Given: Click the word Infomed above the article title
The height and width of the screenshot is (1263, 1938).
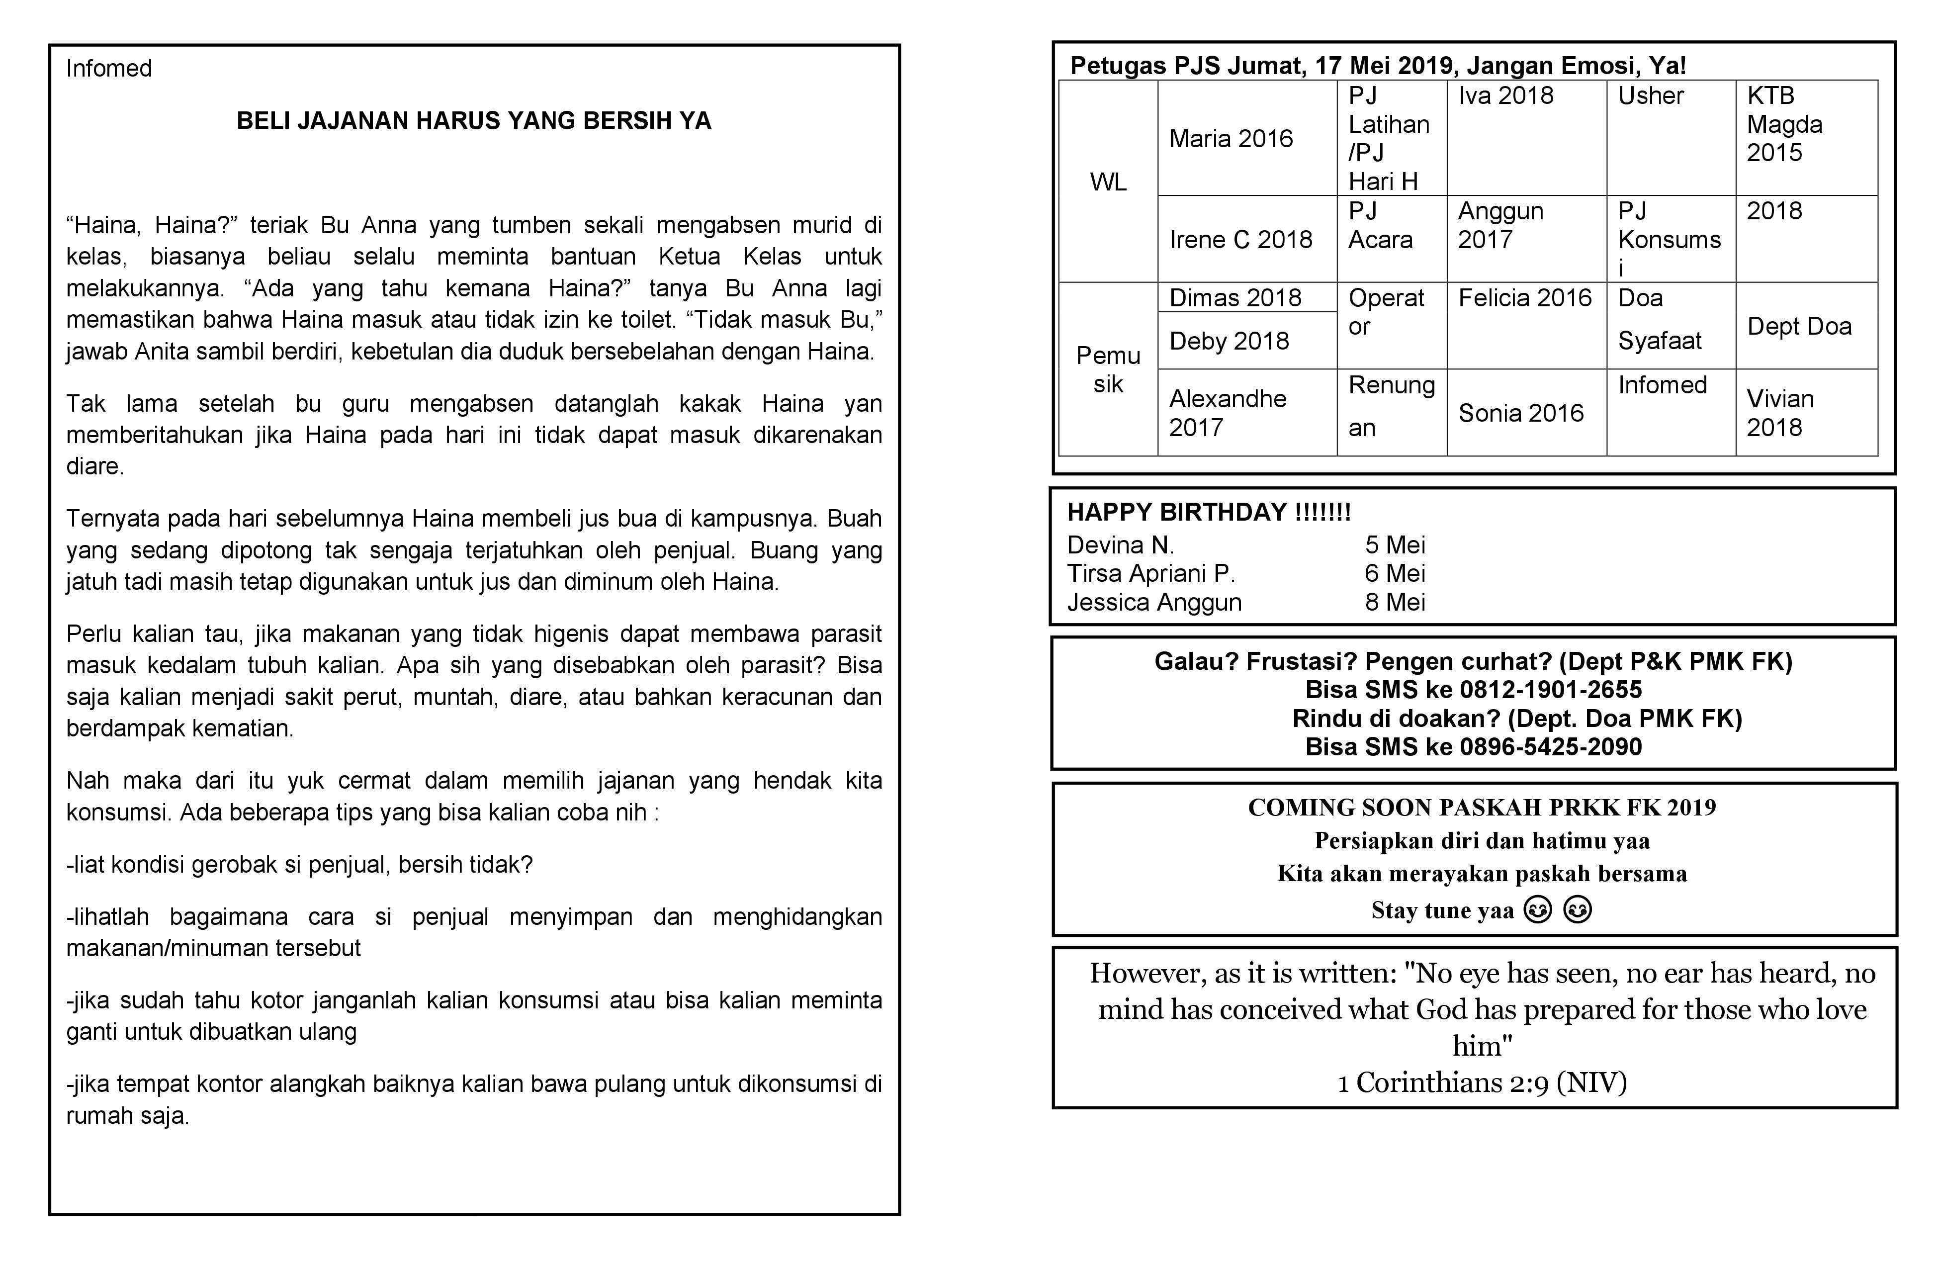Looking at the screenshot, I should click(108, 69).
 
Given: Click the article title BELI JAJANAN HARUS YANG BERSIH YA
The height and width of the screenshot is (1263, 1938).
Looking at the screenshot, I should click(474, 121).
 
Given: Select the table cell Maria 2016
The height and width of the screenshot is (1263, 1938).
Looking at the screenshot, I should click(1231, 139).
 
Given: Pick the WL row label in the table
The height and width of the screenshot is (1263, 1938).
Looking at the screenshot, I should click(1108, 181).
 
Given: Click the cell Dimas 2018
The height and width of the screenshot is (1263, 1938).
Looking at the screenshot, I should click(1234, 298).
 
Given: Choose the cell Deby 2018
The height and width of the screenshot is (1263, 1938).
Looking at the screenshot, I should click(1229, 341).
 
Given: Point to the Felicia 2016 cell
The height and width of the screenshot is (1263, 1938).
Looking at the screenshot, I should click(1524, 298).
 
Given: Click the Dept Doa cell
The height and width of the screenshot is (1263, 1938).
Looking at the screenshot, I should click(1799, 327).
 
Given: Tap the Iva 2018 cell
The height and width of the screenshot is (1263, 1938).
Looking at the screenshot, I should click(1505, 96).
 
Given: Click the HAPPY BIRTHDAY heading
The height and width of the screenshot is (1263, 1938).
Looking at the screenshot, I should click(1209, 512).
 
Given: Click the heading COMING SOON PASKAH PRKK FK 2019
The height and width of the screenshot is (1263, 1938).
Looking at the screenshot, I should click(1481, 808).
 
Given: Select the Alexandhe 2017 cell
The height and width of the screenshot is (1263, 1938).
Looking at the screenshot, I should click(1227, 413).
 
